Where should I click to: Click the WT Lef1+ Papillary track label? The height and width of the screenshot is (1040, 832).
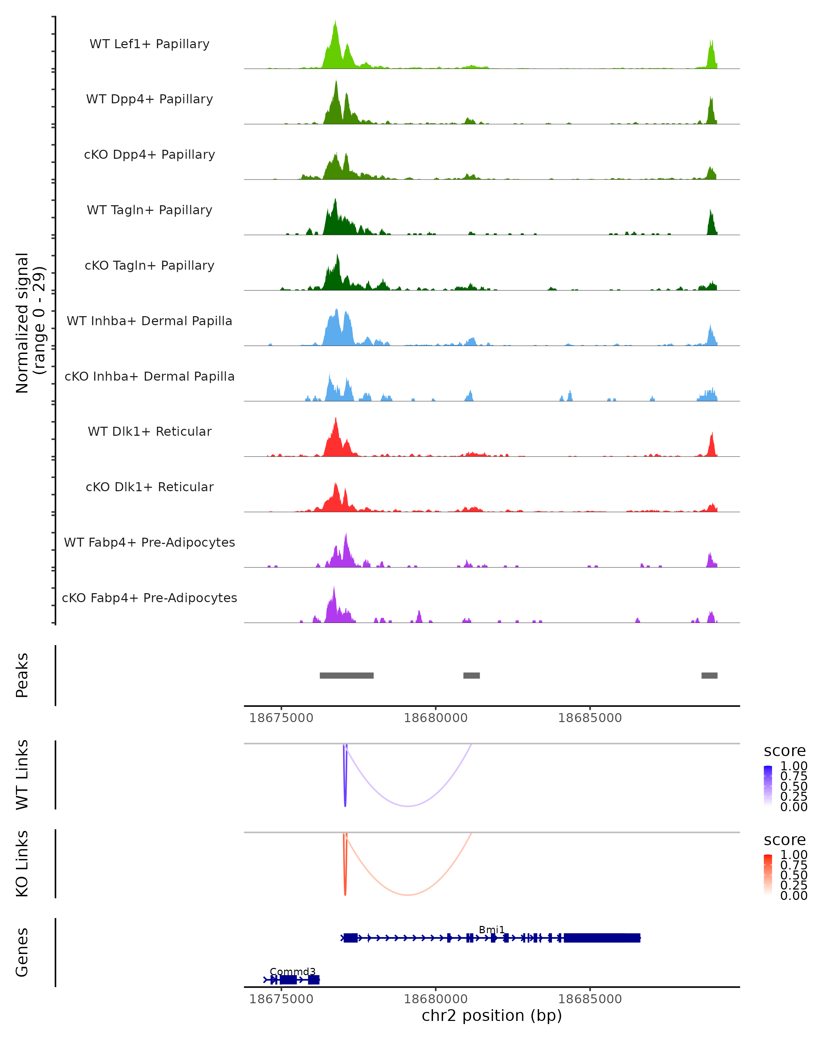149,44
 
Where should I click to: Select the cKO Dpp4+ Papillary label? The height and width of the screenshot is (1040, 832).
149,155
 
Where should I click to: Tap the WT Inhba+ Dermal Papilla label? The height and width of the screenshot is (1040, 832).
149,321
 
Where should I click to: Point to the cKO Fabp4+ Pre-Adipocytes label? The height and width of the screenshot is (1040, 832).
149,598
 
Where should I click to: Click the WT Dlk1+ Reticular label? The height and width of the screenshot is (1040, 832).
149,432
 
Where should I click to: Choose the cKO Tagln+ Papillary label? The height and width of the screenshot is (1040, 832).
149,266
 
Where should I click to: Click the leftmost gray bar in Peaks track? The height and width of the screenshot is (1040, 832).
346,675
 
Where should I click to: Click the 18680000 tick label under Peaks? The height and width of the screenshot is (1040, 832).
435,718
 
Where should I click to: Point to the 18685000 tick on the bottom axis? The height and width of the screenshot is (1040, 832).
590,999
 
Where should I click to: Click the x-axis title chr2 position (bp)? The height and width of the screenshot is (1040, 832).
492,1016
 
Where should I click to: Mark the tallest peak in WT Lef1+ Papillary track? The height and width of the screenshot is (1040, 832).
335,22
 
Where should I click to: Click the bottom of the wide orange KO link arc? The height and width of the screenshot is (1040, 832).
408,895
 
